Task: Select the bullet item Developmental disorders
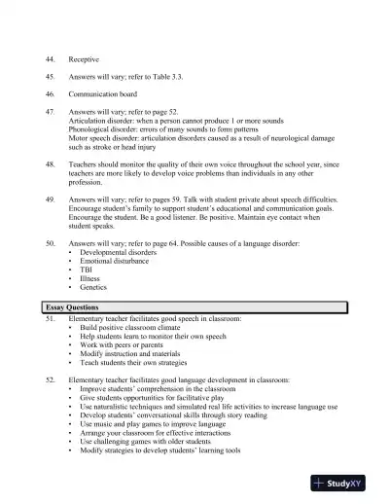123,251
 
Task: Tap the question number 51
50,318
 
